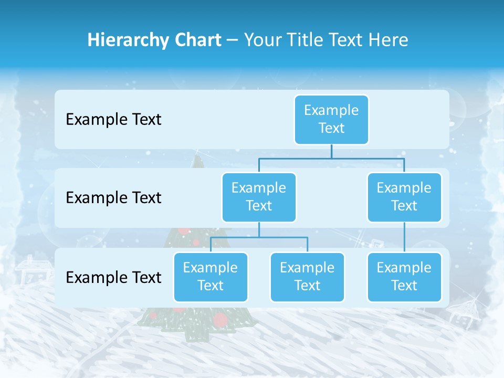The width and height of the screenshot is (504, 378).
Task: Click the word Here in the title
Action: tap(388, 40)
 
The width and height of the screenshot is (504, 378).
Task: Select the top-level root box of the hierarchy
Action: tap(331, 120)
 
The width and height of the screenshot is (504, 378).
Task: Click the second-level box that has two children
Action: tap(259, 197)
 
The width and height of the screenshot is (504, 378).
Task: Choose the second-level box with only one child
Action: tap(404, 197)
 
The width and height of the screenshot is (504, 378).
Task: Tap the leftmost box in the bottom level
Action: tap(211, 277)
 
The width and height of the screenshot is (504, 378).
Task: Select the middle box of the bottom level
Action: tap(307, 277)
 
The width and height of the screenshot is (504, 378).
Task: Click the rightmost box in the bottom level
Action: tap(404, 277)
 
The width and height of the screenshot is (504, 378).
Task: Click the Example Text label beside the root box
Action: tap(113, 120)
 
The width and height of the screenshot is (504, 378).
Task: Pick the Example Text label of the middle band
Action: tap(113, 198)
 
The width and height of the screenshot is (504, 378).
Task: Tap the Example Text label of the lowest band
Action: tap(113, 277)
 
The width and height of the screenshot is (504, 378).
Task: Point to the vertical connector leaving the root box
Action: tap(331, 151)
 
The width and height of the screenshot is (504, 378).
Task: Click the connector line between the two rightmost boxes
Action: tap(404, 237)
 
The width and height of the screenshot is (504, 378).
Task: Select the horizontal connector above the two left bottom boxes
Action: tap(259, 237)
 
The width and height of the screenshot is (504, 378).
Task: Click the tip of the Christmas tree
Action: tap(197, 157)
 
